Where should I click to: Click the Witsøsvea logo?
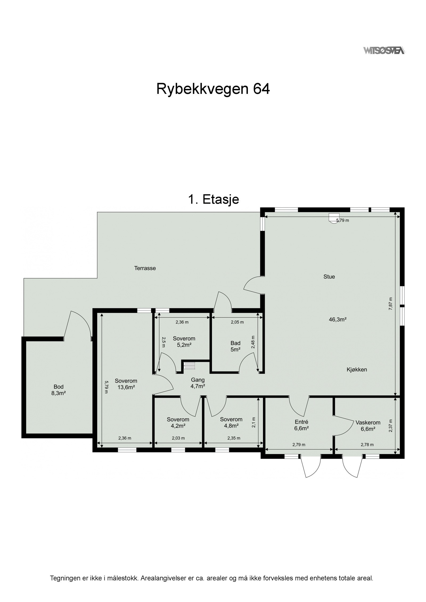[x=384, y=50]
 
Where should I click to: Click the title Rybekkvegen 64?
[x=213, y=89]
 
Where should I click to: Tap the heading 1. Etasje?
[x=213, y=199]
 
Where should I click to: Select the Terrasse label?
[x=145, y=268]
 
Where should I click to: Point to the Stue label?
[x=329, y=277]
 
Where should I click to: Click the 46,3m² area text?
[x=338, y=320]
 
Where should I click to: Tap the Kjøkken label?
[x=357, y=369]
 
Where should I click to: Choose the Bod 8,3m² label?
[x=59, y=390]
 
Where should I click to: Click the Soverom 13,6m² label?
[x=126, y=384]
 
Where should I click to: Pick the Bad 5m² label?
[x=235, y=346]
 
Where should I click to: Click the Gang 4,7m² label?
[x=198, y=383]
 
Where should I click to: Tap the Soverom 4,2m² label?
[x=178, y=422]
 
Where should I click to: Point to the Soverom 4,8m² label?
[x=231, y=422]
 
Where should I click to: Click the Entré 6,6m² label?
[x=302, y=425]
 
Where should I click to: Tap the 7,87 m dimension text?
[x=391, y=304]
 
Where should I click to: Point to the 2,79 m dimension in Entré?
[x=298, y=445]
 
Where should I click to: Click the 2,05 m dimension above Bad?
[x=237, y=322]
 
